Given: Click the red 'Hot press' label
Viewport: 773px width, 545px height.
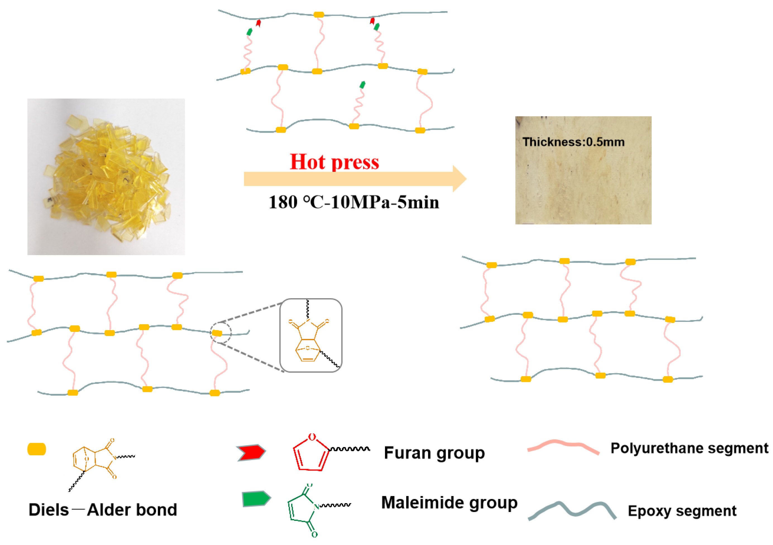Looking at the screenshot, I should coord(334,162).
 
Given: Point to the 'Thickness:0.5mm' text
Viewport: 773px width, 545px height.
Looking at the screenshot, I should coord(573,142).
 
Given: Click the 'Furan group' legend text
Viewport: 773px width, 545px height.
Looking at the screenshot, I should coord(434,453).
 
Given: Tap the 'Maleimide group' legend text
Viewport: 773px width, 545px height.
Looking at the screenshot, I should coord(449,503).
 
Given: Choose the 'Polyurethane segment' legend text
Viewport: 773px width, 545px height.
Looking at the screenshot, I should coord(689,448).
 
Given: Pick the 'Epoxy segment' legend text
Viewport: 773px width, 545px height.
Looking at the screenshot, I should coord(682,511).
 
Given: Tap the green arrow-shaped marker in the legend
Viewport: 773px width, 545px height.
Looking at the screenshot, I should coord(256,499).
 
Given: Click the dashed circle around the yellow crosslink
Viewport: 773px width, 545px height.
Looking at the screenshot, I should coord(221,333).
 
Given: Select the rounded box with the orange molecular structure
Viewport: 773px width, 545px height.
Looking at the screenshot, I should coord(311,335).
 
